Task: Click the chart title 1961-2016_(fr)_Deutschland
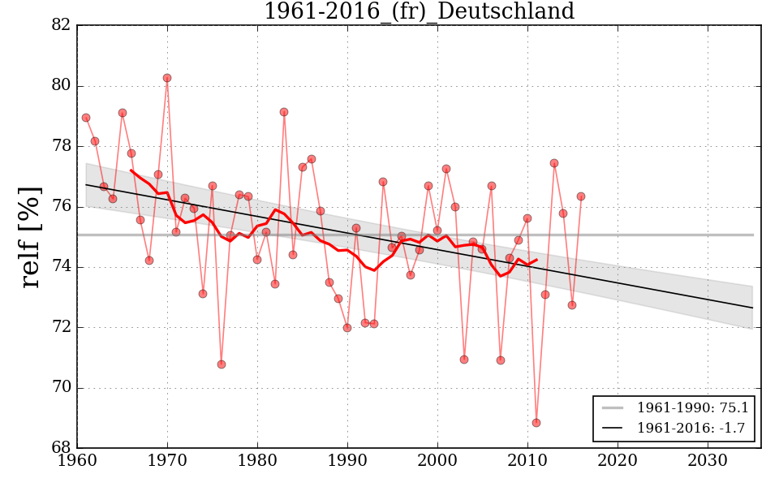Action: (x=419, y=12)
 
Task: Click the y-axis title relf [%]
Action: (x=31, y=237)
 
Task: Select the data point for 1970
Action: (x=167, y=78)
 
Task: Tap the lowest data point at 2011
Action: (x=536, y=423)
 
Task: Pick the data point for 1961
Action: (x=86, y=118)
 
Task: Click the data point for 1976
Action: (x=222, y=364)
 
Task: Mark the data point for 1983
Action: (x=284, y=112)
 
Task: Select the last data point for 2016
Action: (x=581, y=196)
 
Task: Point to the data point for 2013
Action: (x=554, y=163)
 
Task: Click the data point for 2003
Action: (x=464, y=360)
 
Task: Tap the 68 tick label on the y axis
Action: (x=60, y=448)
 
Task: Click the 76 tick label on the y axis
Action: (x=60, y=207)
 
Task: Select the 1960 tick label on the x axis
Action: (x=78, y=462)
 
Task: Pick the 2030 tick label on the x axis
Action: (x=708, y=462)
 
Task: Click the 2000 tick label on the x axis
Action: (x=438, y=462)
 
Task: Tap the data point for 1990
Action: (x=347, y=328)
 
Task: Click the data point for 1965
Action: (x=123, y=113)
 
